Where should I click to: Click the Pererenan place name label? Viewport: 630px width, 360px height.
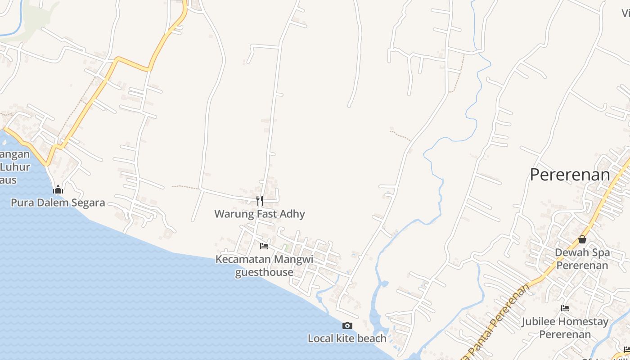coord(570,175)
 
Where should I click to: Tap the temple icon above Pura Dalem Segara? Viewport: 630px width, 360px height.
coord(58,189)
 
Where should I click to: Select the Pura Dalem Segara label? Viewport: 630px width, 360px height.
coord(58,202)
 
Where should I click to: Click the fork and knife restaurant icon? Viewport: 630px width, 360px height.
coord(260,200)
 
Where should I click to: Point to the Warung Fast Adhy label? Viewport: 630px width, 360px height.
coord(260,214)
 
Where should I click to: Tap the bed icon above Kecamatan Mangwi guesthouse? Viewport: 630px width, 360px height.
coord(264,246)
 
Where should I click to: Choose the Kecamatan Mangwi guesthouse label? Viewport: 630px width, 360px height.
coord(264,265)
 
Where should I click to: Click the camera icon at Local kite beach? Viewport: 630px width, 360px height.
coord(347,325)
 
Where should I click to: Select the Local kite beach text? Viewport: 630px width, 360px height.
coord(347,338)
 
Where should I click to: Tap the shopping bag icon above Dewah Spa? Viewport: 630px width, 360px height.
coord(582,239)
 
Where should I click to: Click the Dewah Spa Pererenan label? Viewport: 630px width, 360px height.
coord(582,259)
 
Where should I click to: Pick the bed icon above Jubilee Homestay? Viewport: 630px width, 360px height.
coord(565,308)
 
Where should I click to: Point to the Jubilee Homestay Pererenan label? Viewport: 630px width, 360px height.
coord(565,328)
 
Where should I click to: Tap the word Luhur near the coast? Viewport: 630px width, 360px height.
coord(15,167)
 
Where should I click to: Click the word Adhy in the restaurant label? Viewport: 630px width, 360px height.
coord(292,214)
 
